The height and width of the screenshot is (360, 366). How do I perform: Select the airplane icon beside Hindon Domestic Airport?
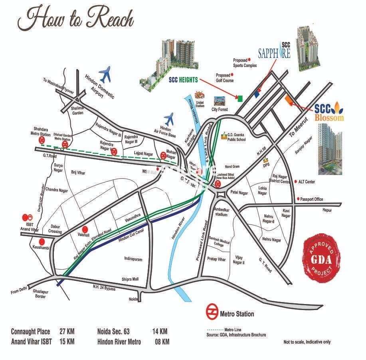click(105, 73)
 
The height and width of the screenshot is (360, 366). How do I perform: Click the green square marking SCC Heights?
click(240, 98)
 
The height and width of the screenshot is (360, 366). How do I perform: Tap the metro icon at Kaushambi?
click(42, 242)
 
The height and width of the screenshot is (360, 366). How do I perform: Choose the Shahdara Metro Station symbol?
click(42, 141)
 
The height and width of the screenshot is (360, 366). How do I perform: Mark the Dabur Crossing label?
click(55, 229)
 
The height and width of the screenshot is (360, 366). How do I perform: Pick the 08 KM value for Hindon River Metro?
click(162, 342)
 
